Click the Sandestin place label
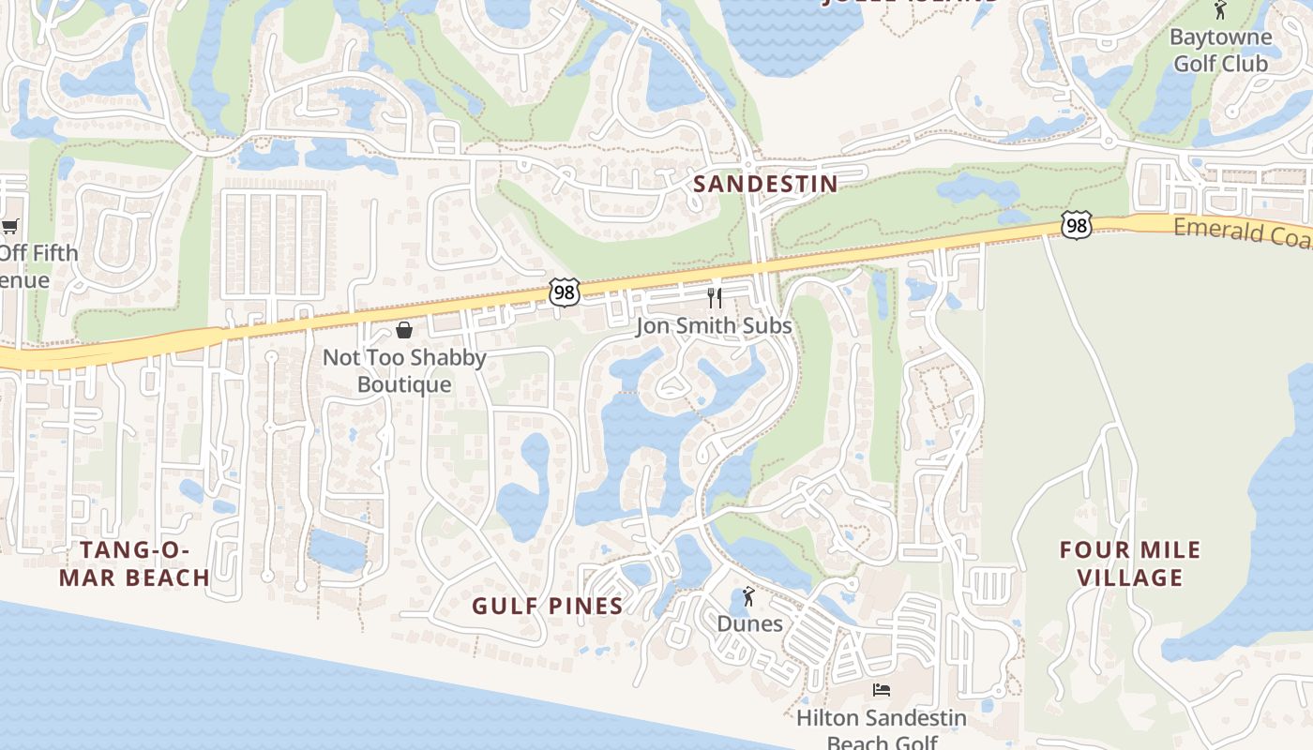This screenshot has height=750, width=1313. tap(765, 184)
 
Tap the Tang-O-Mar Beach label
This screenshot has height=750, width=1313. tap(134, 563)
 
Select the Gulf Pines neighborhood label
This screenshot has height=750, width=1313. tap(548, 607)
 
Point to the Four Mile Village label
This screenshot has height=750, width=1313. tap(1130, 563)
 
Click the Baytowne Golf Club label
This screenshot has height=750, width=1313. tap(1221, 51)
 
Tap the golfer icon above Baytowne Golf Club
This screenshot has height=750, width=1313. tap(1220, 10)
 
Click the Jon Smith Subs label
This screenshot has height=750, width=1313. tap(715, 326)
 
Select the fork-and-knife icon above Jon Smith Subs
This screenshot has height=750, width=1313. tap(715, 298)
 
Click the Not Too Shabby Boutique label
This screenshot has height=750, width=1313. tap(404, 370)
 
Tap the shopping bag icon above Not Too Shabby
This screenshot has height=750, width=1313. tap(404, 330)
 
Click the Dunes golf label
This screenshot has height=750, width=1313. tap(749, 623)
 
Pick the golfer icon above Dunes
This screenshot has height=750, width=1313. tap(748, 596)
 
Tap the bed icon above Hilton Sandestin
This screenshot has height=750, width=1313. tap(881, 690)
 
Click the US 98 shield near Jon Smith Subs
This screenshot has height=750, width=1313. tap(564, 292)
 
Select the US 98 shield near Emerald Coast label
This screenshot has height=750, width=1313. tap(1077, 225)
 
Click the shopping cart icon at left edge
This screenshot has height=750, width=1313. tap(9, 226)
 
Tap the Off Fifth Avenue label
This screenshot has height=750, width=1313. tap(38, 266)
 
